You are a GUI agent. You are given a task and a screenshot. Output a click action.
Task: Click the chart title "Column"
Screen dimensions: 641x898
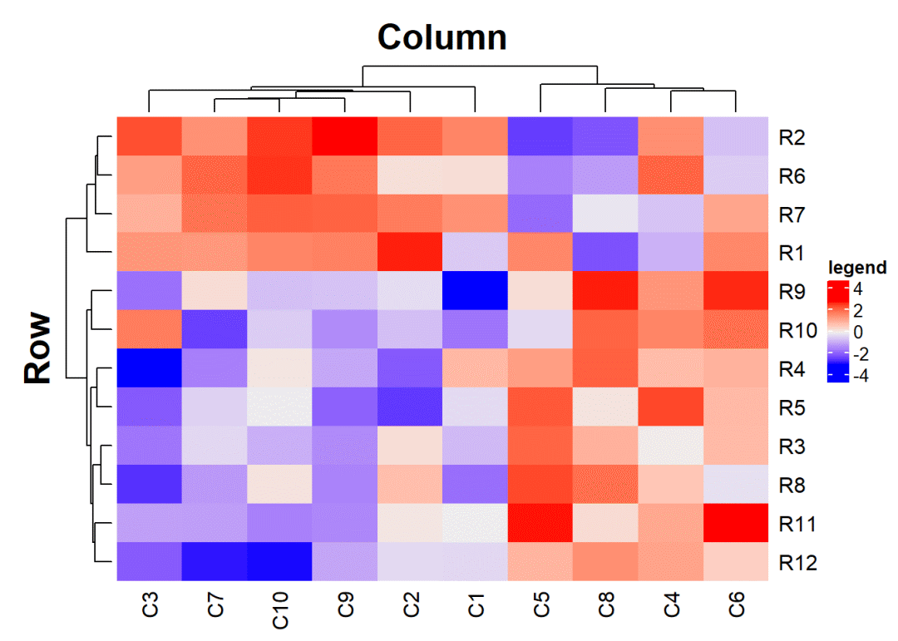click(x=442, y=37)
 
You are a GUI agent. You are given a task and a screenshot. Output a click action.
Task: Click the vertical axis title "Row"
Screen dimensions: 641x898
click(x=38, y=348)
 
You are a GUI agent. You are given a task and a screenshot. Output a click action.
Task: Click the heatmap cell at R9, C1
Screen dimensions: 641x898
click(x=475, y=291)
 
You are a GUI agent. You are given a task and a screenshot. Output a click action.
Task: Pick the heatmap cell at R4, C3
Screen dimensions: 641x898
click(x=149, y=368)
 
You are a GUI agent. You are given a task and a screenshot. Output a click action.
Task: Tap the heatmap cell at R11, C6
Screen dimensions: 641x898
click(x=736, y=524)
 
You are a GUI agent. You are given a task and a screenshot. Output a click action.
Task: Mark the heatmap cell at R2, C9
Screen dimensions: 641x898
click(x=344, y=136)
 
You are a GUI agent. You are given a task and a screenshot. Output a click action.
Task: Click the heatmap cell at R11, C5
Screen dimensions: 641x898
click(x=540, y=524)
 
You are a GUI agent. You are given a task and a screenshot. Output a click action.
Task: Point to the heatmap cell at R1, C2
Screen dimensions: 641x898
click(x=410, y=252)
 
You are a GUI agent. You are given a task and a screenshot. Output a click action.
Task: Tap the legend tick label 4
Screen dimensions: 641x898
click(x=857, y=290)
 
